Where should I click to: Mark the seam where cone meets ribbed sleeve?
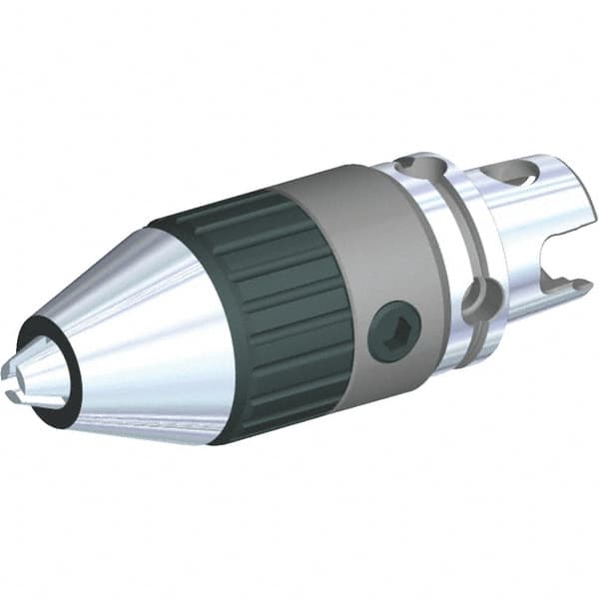(x=190, y=299)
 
